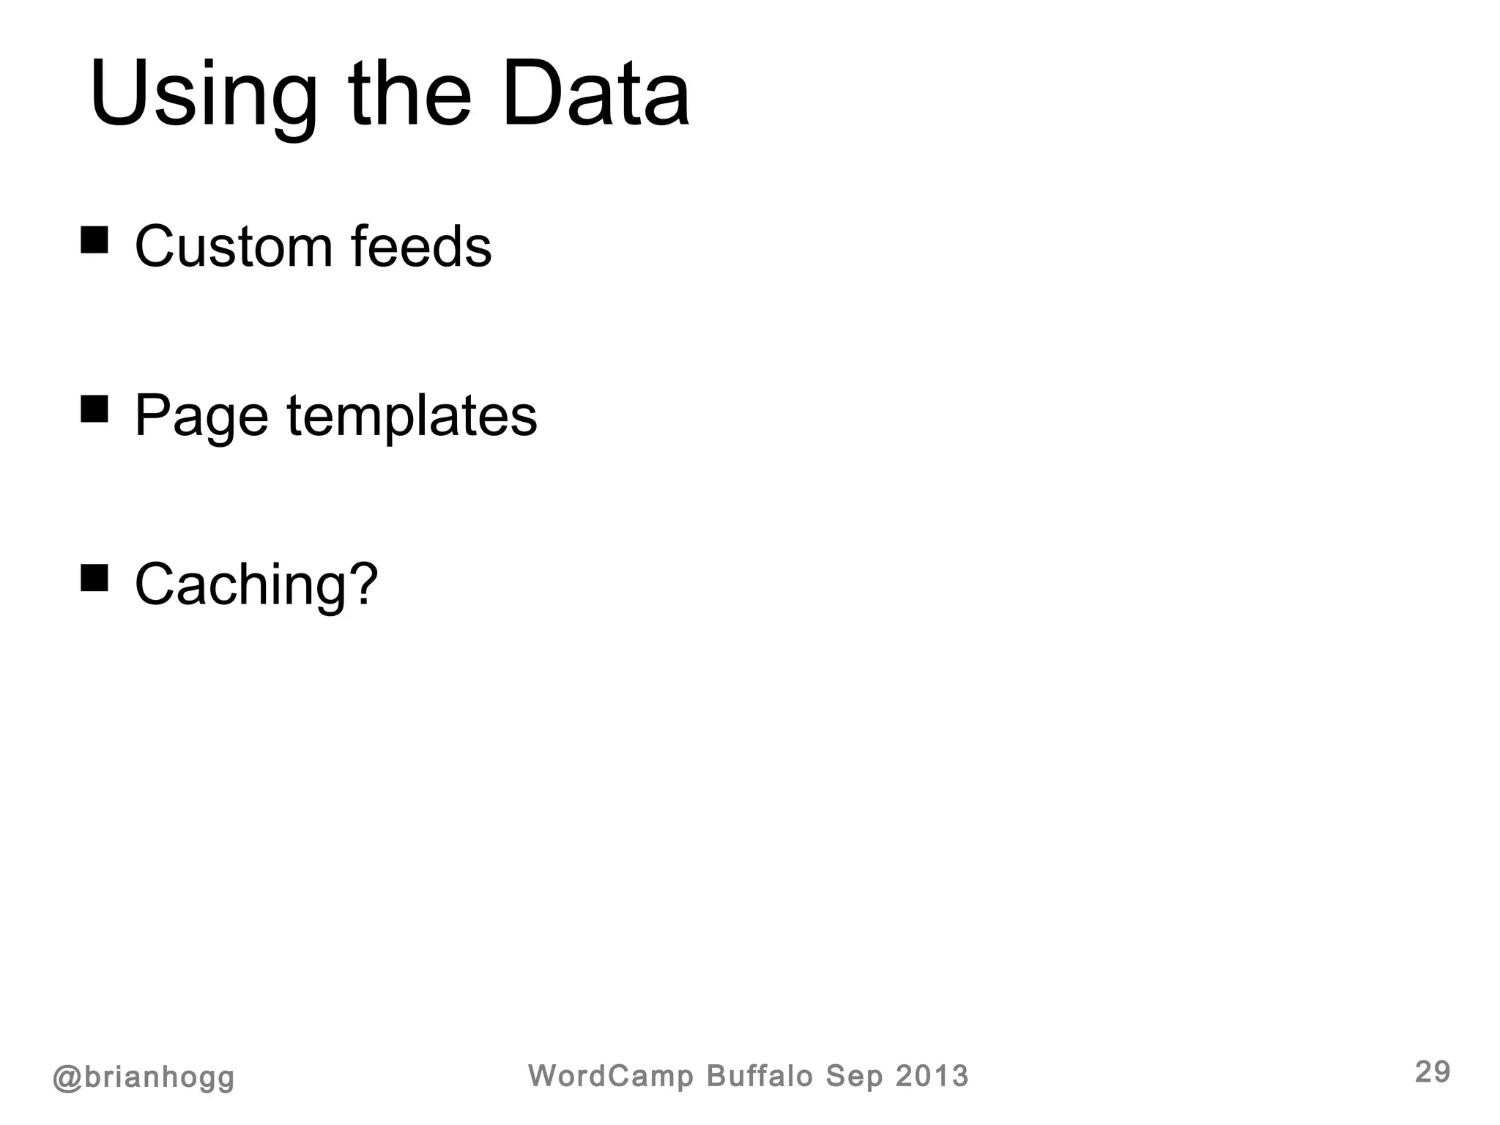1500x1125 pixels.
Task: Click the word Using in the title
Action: click(x=204, y=97)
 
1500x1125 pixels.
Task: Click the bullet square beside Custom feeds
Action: click(x=94, y=240)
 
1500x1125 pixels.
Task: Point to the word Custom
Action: click(x=234, y=247)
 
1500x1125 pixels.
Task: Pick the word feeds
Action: click(x=421, y=247)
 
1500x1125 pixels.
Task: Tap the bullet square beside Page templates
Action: click(x=94, y=409)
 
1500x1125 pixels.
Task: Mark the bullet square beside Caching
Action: click(x=94, y=577)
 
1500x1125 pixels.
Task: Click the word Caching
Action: click(x=240, y=586)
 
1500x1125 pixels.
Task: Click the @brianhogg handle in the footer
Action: click(x=144, y=1077)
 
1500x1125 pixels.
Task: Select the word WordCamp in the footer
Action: click(x=610, y=1076)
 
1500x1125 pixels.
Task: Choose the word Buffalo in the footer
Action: click(x=760, y=1076)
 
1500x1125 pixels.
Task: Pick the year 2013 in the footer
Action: click(x=932, y=1076)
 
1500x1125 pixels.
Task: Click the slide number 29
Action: click(x=1432, y=1072)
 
